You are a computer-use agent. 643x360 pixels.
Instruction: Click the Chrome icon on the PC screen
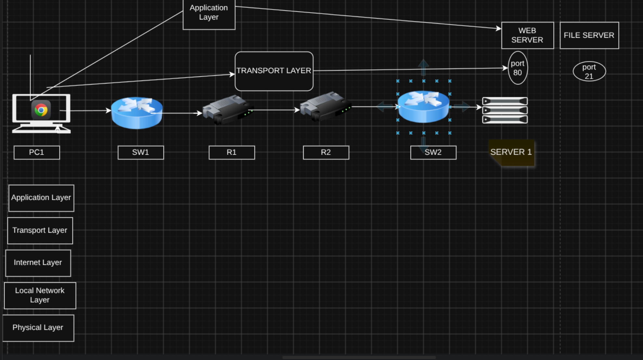tap(41, 110)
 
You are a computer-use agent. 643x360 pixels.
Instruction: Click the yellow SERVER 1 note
tap(511, 153)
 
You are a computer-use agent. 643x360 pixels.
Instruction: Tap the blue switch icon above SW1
tap(137, 113)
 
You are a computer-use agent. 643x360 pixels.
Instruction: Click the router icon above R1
tap(228, 109)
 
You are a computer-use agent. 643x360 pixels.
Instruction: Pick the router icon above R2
tap(325, 107)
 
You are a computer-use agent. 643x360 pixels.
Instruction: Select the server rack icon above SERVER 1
tap(505, 110)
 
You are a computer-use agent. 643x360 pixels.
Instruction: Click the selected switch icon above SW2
tap(424, 107)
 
